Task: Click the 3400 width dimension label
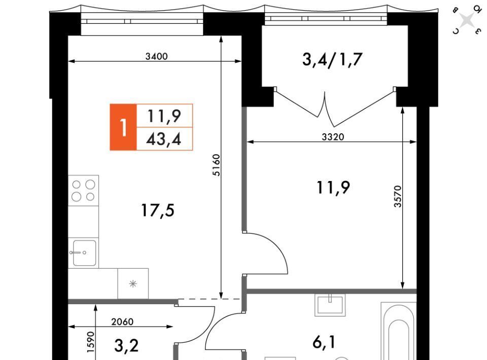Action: tap(157, 56)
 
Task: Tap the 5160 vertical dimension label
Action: tap(216, 165)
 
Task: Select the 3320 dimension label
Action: tap(333, 136)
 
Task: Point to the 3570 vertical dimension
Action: tap(398, 196)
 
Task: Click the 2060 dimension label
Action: tap(122, 322)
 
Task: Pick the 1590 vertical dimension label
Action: tap(90, 342)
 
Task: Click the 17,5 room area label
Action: tap(158, 210)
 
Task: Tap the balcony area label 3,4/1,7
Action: tap(332, 59)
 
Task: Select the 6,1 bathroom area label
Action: tap(324, 343)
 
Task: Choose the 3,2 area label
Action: tap(126, 345)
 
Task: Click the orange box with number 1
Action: tap(123, 127)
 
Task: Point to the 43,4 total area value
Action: tap(164, 139)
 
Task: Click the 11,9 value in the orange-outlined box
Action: tap(164, 116)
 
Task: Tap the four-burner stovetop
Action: tap(84, 191)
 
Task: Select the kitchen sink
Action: tap(84, 253)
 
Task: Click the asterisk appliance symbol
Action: tap(133, 283)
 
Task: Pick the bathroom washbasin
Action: tap(330, 304)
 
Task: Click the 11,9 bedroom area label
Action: tap(333, 188)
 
